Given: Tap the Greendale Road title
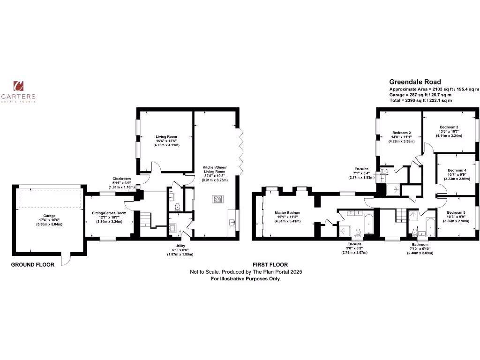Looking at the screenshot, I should point(415,82).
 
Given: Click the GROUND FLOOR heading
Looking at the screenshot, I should point(33,264).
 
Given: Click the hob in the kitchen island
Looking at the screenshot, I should point(218,199).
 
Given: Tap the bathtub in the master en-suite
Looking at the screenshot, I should point(369,224).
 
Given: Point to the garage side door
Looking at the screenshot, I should point(66,258).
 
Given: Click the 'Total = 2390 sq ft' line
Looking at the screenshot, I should point(420,100).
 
